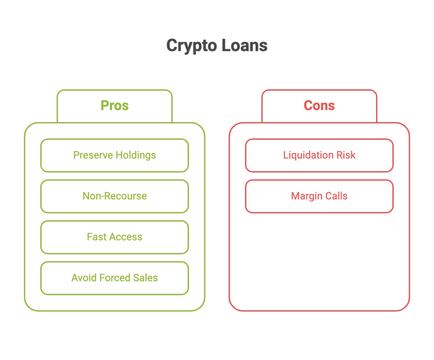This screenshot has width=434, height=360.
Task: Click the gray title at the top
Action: coord(217,47)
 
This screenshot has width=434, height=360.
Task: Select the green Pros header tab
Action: coord(114,106)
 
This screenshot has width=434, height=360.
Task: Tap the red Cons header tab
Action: coord(319,106)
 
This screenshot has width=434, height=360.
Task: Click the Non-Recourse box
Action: coord(114,196)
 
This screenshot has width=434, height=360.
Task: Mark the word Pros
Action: coord(114,106)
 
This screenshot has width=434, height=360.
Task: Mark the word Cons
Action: coord(319,106)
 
